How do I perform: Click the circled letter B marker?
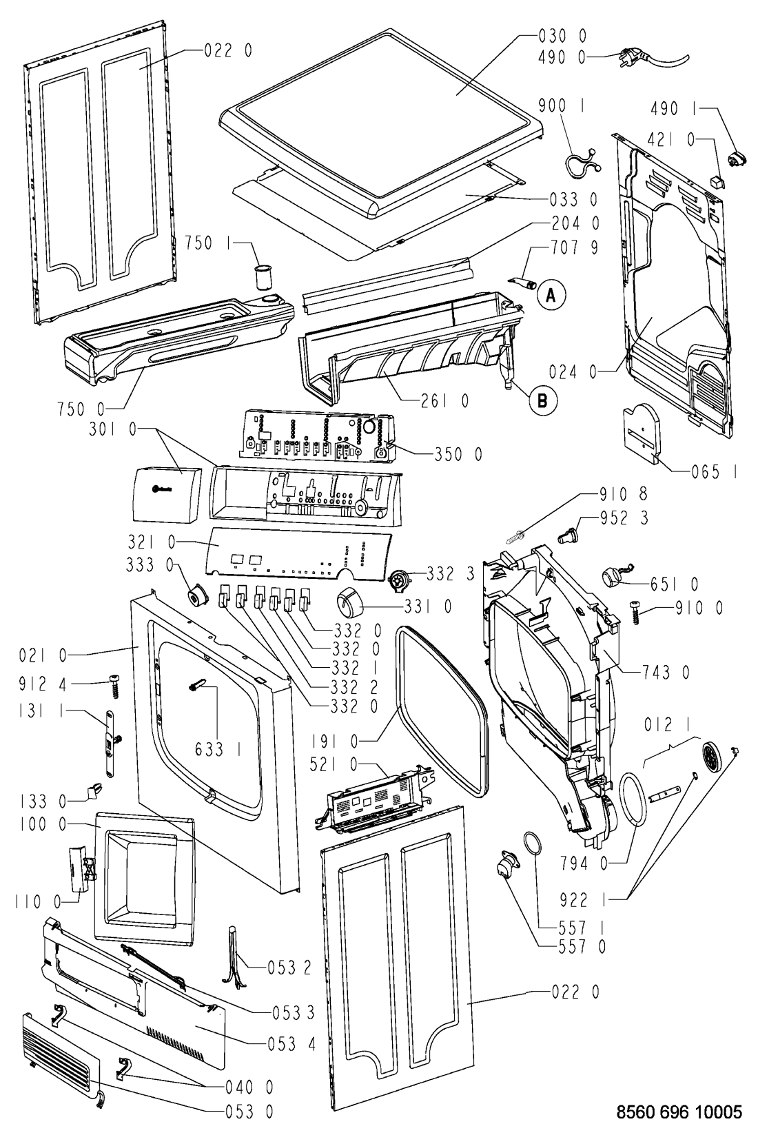(x=542, y=398)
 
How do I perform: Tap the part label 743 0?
(x=666, y=671)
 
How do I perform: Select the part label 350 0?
(x=458, y=454)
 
